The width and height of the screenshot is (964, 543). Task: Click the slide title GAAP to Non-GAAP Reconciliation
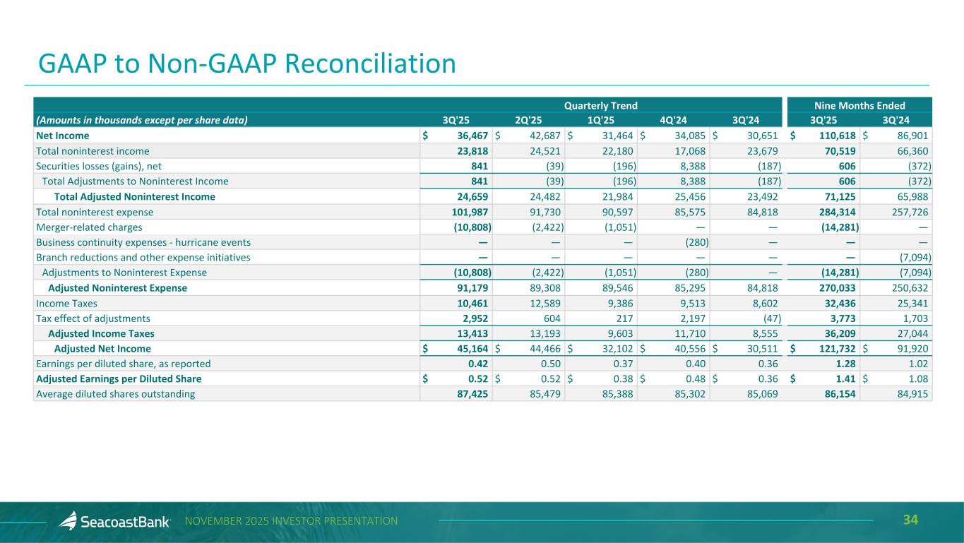click(247, 64)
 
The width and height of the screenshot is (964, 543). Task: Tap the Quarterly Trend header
click(600, 105)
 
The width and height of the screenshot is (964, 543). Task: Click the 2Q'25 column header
click(528, 120)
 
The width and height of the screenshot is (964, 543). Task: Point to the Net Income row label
click(63, 135)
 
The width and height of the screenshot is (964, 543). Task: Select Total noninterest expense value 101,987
click(468, 212)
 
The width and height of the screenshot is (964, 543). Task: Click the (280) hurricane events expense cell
click(696, 242)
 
